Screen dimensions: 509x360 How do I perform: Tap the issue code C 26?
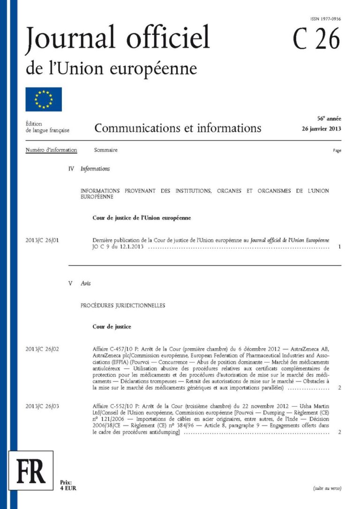click(316, 39)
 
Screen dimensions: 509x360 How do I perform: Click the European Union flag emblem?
click(44, 99)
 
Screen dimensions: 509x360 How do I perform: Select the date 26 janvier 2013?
click(322, 129)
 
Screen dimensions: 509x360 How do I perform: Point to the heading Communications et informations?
click(178, 127)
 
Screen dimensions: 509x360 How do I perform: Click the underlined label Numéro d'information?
click(51, 150)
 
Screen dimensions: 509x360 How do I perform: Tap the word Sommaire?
click(105, 150)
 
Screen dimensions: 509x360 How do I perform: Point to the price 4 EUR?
click(68, 488)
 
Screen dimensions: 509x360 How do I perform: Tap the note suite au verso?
click(327, 488)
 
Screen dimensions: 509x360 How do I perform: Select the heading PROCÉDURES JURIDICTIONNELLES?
click(123, 305)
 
